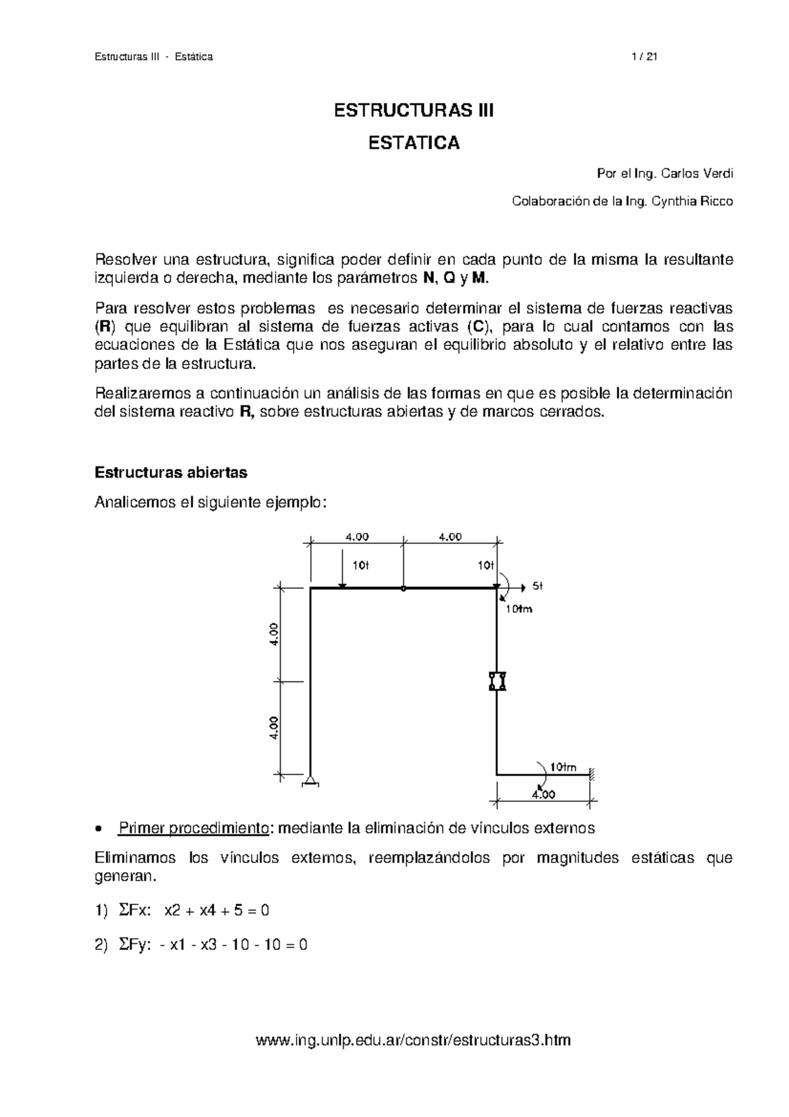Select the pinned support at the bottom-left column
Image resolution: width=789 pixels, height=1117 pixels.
point(310,782)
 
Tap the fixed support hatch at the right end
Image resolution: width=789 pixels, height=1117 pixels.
point(592,774)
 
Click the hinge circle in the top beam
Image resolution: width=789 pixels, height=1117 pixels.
point(403,589)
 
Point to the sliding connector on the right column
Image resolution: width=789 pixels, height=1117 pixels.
point(497,681)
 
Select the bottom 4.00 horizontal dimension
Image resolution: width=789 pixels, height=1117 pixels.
point(543,794)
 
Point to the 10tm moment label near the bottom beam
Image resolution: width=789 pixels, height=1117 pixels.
point(563,767)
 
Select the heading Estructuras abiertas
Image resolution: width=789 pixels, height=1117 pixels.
point(171,472)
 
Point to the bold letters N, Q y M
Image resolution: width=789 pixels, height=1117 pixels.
point(454,279)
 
